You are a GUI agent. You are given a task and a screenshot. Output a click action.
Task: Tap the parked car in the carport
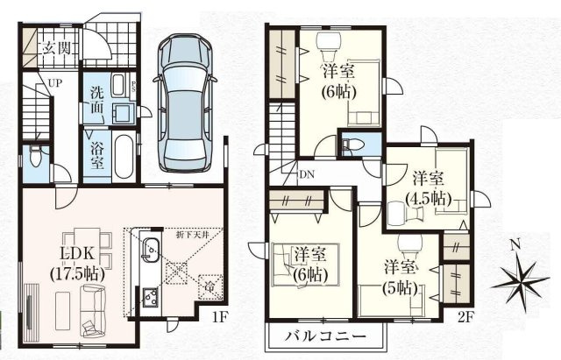pos(185,102)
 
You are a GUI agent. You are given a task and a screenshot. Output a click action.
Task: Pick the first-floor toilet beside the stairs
pos(34,159)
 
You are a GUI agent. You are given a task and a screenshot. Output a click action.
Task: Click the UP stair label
pos(55,83)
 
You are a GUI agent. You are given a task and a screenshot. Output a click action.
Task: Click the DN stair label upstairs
pos(308,173)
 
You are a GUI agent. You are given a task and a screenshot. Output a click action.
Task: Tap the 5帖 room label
pos(398,277)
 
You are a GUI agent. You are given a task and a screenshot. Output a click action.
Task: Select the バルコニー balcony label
pos(321,336)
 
